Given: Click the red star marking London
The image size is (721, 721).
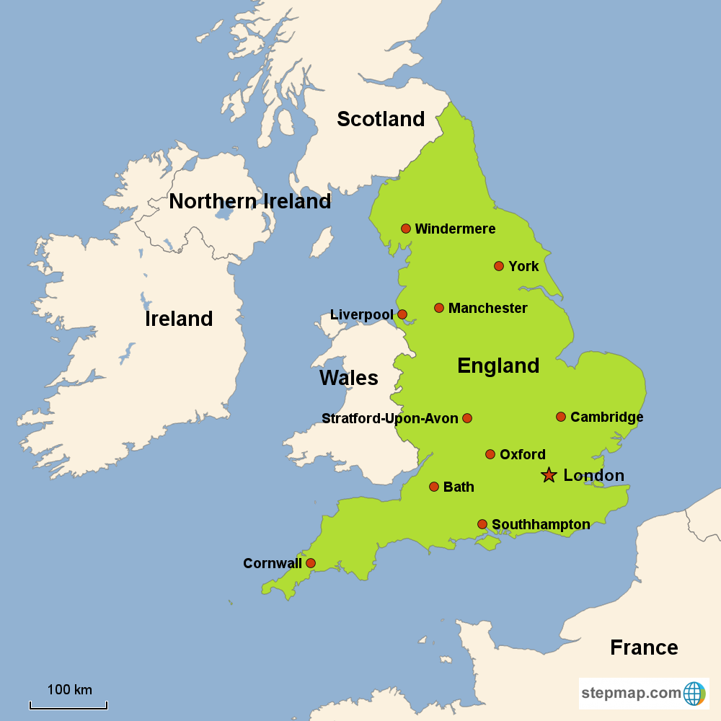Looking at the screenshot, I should click(x=549, y=475).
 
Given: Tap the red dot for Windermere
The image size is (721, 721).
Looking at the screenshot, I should click(x=406, y=229).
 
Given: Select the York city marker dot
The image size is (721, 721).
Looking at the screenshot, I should click(x=499, y=266).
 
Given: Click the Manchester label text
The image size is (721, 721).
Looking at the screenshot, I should click(x=487, y=309).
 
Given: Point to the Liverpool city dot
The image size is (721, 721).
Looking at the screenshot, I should click(x=402, y=314).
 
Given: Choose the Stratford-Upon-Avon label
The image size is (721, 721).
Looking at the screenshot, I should click(x=389, y=419).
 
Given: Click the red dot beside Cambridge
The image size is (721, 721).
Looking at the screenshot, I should click(x=561, y=417).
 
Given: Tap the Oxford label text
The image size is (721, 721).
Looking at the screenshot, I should click(x=522, y=455).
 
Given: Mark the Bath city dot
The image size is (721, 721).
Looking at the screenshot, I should click(x=434, y=487).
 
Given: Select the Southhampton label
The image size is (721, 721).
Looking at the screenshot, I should click(x=540, y=525).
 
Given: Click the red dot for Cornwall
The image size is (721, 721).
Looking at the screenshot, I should click(x=311, y=563).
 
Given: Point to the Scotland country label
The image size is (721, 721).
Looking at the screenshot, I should click(x=381, y=119).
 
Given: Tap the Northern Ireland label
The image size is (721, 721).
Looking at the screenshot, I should click(x=249, y=202).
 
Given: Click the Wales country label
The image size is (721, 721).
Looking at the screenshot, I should click(x=348, y=378).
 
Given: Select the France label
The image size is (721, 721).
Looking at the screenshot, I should click(x=644, y=647).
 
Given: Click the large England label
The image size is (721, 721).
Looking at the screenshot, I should click(x=498, y=366).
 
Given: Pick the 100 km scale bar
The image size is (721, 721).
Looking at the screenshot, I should click(x=68, y=705).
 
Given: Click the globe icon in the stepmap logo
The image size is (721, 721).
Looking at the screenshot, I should click(x=694, y=694).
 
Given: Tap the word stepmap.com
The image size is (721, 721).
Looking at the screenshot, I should click(x=631, y=694).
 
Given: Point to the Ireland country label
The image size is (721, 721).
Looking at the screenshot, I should click(x=179, y=319).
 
